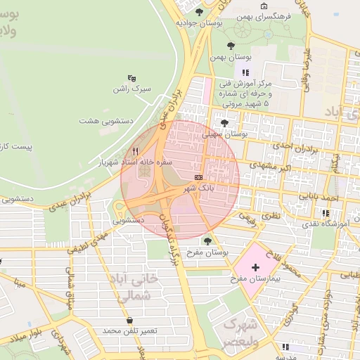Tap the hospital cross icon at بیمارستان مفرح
point(255,268)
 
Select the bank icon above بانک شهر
point(198,177)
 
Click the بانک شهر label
point(198,188)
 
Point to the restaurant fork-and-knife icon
point(135,151)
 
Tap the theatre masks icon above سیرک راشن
point(131,78)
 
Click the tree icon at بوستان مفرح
point(206,241)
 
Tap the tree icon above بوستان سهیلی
point(224,122)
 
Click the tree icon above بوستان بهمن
point(231,46)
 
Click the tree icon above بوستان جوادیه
point(200,12)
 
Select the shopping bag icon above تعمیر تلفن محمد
point(129,321)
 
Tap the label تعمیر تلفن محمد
point(130,331)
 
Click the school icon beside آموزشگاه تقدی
point(326,212)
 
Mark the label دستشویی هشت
point(105,122)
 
